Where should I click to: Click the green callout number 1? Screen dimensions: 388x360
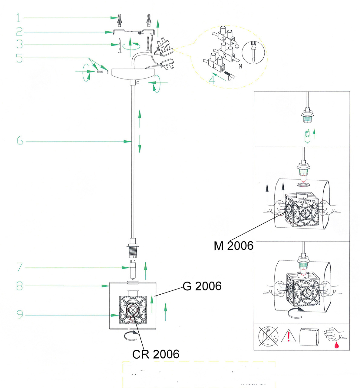coord(18,18)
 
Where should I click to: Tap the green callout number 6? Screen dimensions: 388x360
coord(20,141)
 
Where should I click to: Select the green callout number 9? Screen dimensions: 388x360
coord(20,315)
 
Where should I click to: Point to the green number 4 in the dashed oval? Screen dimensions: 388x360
coord(212,80)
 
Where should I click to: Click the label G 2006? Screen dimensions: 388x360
coord(202,286)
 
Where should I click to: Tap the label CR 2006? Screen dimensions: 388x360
coord(156,354)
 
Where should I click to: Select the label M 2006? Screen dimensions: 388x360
coord(233,246)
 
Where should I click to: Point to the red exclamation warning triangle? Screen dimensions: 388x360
coord(288,336)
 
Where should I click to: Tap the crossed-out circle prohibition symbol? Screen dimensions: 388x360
coord(268,336)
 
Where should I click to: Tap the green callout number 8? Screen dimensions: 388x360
coord(20,286)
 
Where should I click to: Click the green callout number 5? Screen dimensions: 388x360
coord(19,58)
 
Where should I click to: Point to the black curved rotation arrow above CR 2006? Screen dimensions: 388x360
coord(131,335)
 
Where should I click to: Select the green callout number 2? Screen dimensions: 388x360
coord(19,32)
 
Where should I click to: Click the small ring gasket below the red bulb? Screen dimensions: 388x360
coord(303,185)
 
